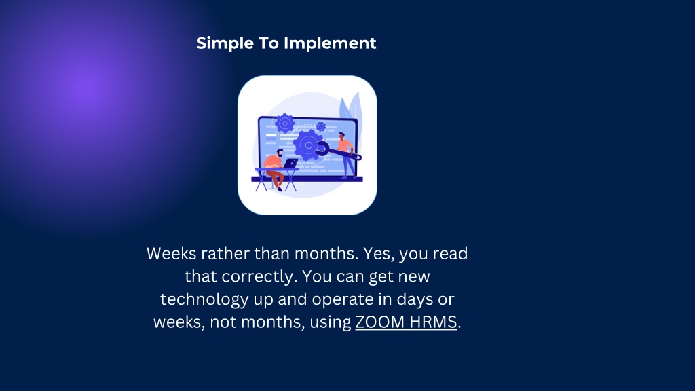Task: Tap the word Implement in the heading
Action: click(x=330, y=43)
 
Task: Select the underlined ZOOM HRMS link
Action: click(x=406, y=322)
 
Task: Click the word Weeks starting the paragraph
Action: click(x=172, y=254)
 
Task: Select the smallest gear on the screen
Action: click(x=320, y=127)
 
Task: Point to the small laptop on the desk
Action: click(x=290, y=164)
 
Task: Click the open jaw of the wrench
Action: click(x=321, y=149)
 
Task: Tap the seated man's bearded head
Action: click(x=279, y=153)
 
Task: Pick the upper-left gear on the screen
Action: click(x=284, y=123)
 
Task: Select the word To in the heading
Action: click(x=269, y=43)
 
